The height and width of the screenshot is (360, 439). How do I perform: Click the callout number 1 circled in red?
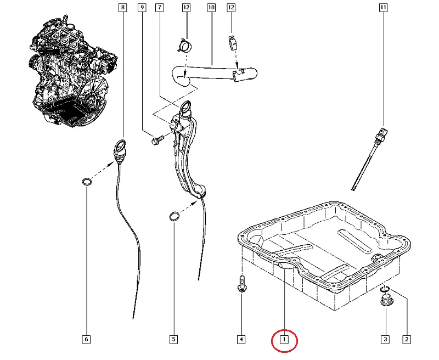[284, 340]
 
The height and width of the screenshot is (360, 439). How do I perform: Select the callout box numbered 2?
[407, 340]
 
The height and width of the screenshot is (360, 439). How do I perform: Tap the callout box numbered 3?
[385, 340]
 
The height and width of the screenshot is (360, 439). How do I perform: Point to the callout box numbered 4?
[241, 340]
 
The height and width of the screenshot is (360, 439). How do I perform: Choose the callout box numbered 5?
[173, 340]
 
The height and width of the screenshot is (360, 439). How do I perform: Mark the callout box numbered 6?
[86, 340]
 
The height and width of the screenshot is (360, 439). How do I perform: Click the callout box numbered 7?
[159, 8]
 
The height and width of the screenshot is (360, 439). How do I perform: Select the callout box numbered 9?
[142, 8]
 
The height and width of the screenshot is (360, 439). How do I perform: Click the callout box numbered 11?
[382, 8]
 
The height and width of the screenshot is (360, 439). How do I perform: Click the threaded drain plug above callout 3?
[386, 299]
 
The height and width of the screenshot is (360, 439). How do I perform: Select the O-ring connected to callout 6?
[86, 182]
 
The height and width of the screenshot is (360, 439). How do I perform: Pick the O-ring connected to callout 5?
[173, 217]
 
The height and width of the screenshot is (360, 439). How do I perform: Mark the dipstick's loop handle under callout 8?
[120, 148]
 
